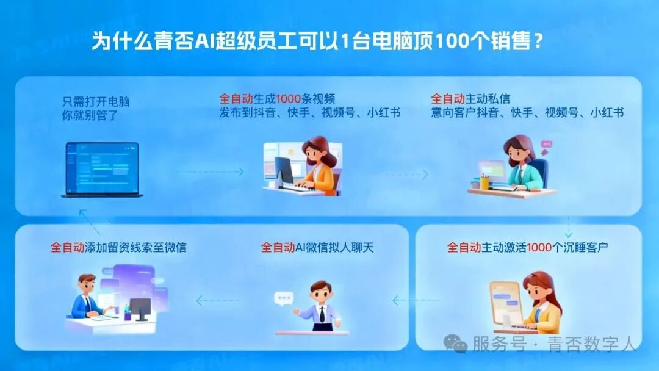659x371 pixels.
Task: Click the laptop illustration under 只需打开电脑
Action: coord(102,170)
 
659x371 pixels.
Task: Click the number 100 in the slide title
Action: coord(456,42)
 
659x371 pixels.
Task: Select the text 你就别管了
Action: coord(90,114)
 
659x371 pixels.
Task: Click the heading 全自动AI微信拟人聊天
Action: coord(317,248)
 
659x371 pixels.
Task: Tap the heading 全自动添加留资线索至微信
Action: coord(118,248)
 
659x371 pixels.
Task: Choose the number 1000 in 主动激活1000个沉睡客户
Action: coord(539,248)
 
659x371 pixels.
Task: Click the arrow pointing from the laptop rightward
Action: coord(207,172)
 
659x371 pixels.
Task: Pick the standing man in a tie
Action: coord(321,305)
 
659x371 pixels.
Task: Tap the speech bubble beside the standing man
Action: coord(283,298)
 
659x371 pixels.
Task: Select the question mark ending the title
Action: coord(538,42)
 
